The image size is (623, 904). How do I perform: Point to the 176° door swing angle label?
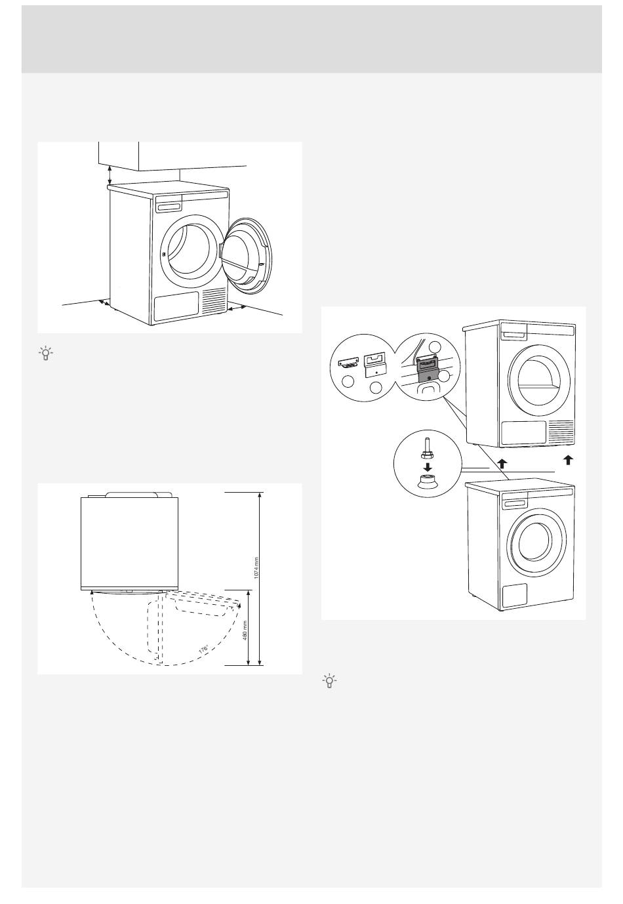pyautogui.click(x=204, y=649)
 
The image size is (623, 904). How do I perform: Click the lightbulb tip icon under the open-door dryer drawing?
pyautogui.click(x=45, y=354)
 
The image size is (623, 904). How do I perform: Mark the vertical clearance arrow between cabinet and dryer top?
pyautogui.click(x=110, y=175)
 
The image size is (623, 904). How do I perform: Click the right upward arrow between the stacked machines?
pyautogui.click(x=567, y=460)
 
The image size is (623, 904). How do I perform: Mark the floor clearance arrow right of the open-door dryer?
pyautogui.click(x=237, y=306)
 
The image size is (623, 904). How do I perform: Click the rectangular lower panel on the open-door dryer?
pyautogui.click(x=176, y=306)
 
